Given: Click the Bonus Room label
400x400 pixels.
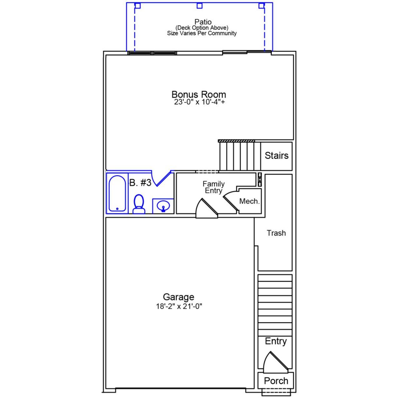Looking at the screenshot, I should (199, 94).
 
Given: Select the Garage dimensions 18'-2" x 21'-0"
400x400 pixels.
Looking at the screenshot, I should (179, 307).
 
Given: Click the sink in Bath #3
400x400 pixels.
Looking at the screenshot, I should (163, 206).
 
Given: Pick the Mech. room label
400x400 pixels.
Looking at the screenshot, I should (249, 201).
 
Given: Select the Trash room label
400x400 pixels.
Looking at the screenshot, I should (276, 233).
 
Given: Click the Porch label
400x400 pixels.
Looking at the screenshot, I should (276, 381).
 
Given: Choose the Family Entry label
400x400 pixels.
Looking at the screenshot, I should (213, 187).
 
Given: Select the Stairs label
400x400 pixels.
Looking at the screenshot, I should (277, 155).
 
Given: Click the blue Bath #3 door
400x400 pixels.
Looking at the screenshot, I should (163, 178).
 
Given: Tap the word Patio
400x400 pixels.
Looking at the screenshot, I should (203, 22).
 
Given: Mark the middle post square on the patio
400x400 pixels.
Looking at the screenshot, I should (199, 6).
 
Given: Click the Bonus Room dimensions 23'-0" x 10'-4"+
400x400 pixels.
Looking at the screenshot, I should (199, 102).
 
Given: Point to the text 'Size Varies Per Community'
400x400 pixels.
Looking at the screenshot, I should (202, 33).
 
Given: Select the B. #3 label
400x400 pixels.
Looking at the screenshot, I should (140, 183).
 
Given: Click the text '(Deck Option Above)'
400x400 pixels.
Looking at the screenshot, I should (202, 28).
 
